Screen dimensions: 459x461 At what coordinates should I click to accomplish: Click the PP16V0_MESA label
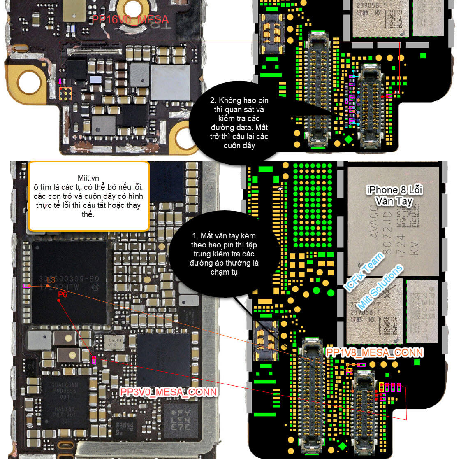point(130,19)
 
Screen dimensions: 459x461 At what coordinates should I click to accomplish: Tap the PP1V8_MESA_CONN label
point(374,352)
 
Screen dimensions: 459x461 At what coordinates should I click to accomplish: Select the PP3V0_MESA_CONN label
point(168,391)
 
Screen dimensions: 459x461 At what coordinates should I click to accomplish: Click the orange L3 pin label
point(51,280)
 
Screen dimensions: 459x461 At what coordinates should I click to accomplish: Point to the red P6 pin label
point(63,294)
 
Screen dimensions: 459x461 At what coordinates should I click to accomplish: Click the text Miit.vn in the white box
point(88,178)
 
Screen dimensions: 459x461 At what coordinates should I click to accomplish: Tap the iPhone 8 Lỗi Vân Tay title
point(394,195)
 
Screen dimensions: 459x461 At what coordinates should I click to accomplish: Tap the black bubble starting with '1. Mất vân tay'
point(224,254)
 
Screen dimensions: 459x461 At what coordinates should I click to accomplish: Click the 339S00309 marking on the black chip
point(68,279)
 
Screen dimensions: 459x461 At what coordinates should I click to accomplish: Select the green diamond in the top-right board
point(348,140)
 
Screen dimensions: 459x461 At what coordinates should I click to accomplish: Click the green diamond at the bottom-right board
point(342,446)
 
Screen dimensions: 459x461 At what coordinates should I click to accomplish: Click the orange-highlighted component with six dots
point(66,94)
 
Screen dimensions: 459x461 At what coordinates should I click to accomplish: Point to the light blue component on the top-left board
point(95,80)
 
